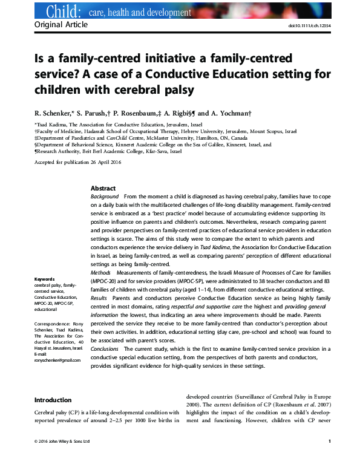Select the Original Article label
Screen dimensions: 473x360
(61, 25)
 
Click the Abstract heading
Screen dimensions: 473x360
(103, 188)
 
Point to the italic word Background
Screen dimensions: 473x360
(105, 197)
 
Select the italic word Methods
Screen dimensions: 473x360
(100, 273)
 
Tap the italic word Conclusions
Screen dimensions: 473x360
(106, 349)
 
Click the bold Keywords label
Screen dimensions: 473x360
(45, 279)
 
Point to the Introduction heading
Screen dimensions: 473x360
(53, 400)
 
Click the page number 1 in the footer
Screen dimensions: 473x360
(329, 442)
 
